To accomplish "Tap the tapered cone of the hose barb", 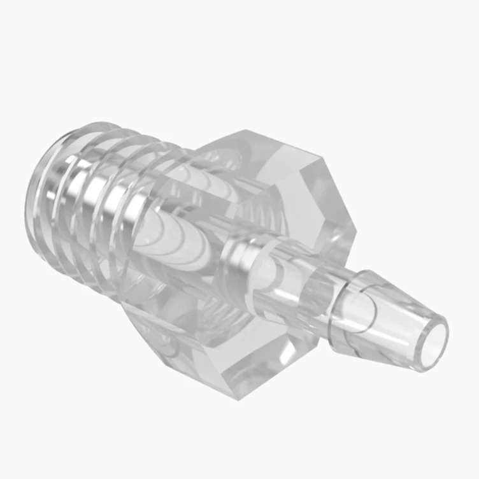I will pyautogui.click(x=389, y=312).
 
